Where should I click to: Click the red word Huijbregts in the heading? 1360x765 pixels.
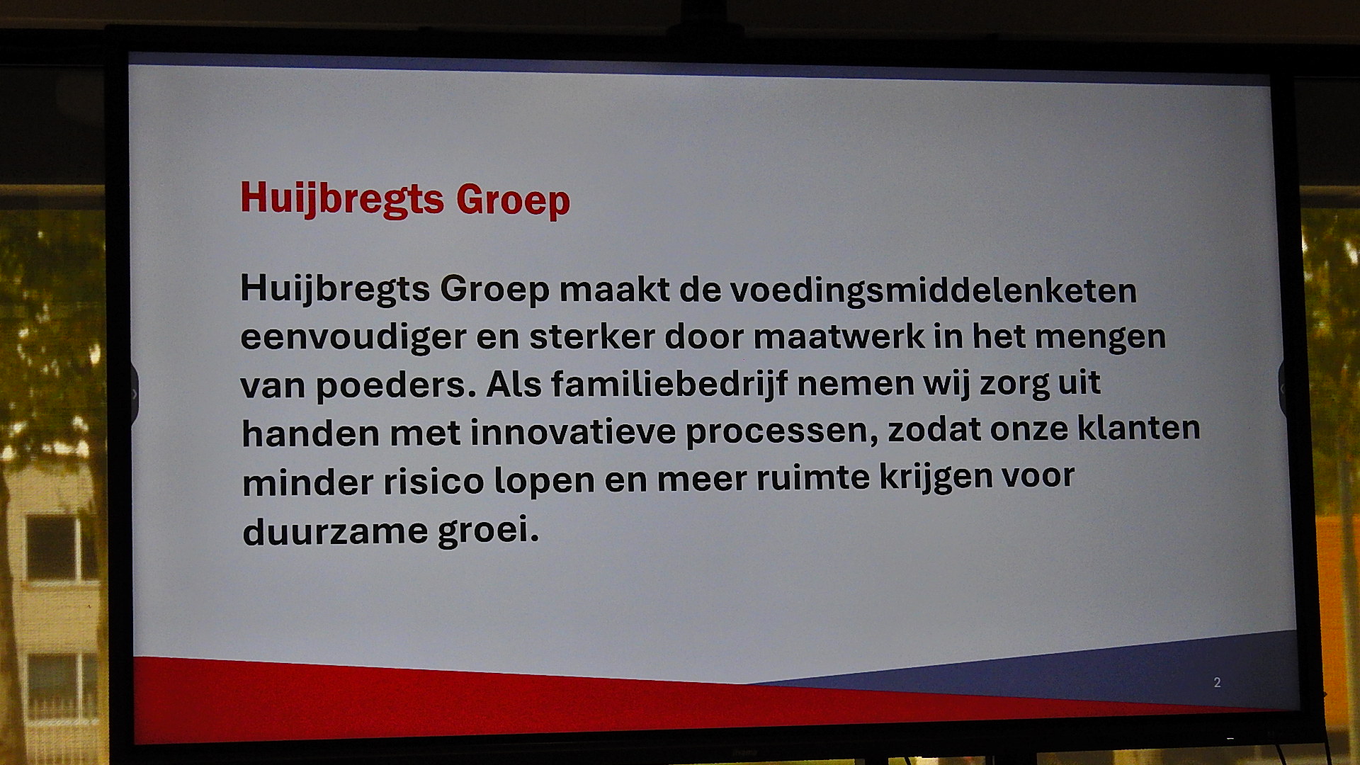[x=342, y=198]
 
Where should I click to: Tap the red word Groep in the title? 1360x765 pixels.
[x=513, y=200]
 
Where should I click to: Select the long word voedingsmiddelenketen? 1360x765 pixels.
[x=933, y=290]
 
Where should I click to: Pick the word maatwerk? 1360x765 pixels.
[x=839, y=336]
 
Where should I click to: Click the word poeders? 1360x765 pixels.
[x=395, y=385]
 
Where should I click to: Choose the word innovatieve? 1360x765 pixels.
[x=573, y=431]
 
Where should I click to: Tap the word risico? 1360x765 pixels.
[x=433, y=481]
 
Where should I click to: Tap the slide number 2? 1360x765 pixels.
[x=1217, y=682]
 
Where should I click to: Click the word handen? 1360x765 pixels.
[x=311, y=432]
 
